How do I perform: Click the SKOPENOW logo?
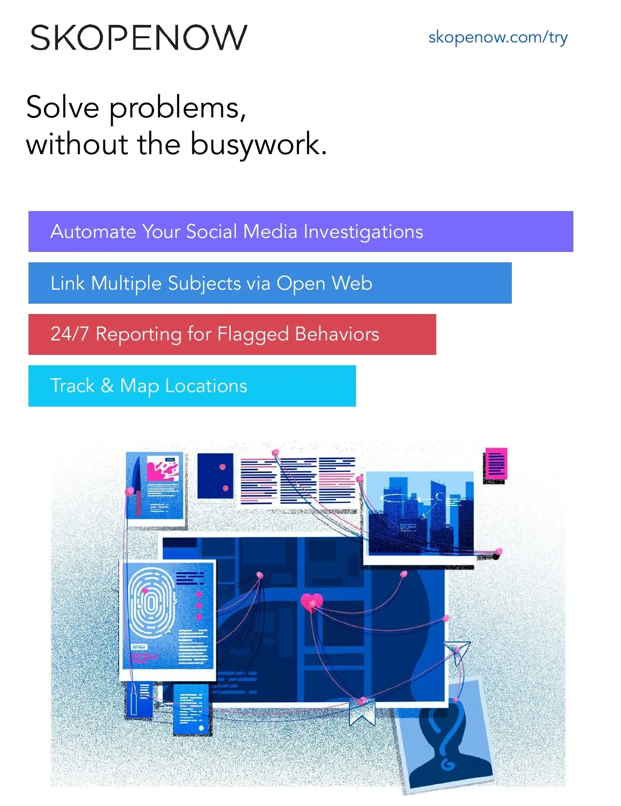pyautogui.click(x=138, y=38)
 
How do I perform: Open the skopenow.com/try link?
pyautogui.click(x=498, y=37)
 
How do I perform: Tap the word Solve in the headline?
pyautogui.click(x=63, y=108)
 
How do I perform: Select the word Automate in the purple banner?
pyautogui.click(x=93, y=232)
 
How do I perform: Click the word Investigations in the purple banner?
pyautogui.click(x=363, y=232)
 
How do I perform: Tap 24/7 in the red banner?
pyautogui.click(x=69, y=334)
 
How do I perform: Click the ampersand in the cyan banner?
pyautogui.click(x=107, y=386)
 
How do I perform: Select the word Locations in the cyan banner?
pyautogui.click(x=206, y=386)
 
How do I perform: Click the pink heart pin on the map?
pyautogui.click(x=312, y=602)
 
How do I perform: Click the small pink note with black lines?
pyautogui.click(x=496, y=464)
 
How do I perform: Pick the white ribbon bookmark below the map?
pyautogui.click(x=362, y=711)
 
